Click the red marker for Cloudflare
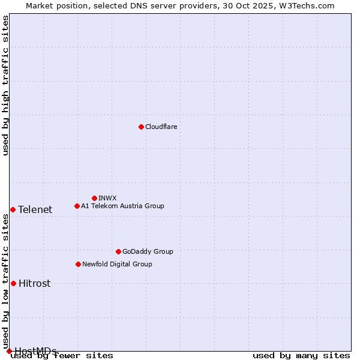tap(141, 127)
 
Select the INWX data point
tap(94, 198)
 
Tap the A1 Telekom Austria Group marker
tap(77, 206)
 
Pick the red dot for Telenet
tap(13, 209)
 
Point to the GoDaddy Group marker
tap(118, 251)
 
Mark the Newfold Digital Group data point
tap(78, 264)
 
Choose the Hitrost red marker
tap(13, 283)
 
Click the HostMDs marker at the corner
tap(9, 351)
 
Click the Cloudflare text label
tap(161, 127)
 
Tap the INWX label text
tap(107, 198)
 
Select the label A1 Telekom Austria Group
tap(122, 206)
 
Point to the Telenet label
tap(35, 209)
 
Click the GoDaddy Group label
tap(148, 251)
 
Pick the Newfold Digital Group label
tap(117, 264)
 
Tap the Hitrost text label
tap(34, 283)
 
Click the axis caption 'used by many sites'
tap(301, 355)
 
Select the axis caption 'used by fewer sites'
tap(62, 355)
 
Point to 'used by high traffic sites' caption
tap(5, 85)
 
